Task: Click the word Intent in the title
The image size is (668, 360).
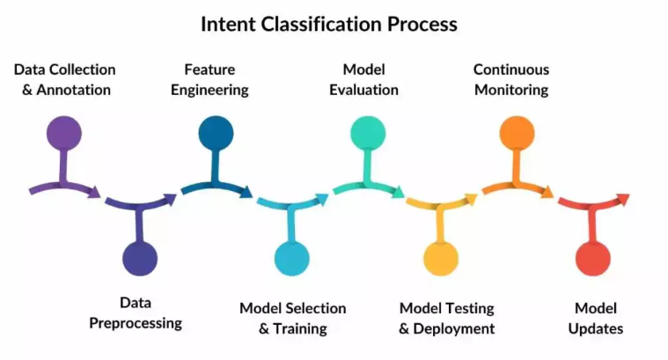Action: pyautogui.click(x=228, y=24)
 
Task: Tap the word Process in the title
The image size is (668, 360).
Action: pyautogui.click(x=422, y=24)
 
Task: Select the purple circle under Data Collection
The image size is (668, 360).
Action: pyautogui.click(x=64, y=133)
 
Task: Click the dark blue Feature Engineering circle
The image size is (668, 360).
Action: pyautogui.click(x=216, y=133)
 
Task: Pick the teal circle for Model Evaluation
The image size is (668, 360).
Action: pyautogui.click(x=368, y=133)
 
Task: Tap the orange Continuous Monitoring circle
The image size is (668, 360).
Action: pyautogui.click(x=517, y=133)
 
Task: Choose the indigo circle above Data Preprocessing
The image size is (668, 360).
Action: pyautogui.click(x=140, y=259)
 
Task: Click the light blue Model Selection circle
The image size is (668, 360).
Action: pyautogui.click(x=292, y=259)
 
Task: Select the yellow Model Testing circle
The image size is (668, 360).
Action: pyautogui.click(x=441, y=259)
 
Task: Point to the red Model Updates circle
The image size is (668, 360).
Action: pyautogui.click(x=593, y=259)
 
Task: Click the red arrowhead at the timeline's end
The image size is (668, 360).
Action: pyautogui.click(x=623, y=200)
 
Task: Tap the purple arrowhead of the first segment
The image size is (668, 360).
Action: pyautogui.click(x=94, y=192)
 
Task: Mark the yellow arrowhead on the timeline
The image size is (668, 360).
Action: pyautogui.click(x=471, y=200)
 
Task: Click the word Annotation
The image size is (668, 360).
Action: pyautogui.click(x=73, y=90)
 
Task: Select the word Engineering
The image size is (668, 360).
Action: pyautogui.click(x=209, y=90)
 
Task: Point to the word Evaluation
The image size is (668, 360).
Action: pyautogui.click(x=363, y=90)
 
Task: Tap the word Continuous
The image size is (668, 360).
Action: pyautogui.click(x=511, y=70)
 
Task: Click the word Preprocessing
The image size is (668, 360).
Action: pyautogui.click(x=136, y=323)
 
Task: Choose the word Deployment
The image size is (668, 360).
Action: pyautogui.click(x=454, y=329)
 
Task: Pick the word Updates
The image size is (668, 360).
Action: pyautogui.click(x=596, y=329)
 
